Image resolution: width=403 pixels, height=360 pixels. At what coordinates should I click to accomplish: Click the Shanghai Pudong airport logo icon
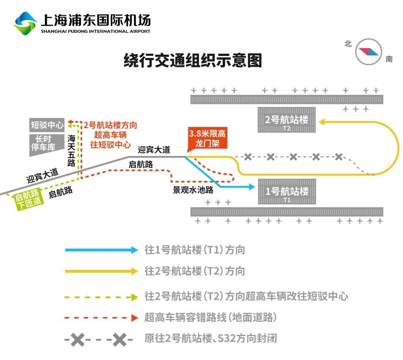click(x=25, y=23)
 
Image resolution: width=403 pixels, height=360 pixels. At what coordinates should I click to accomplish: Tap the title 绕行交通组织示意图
click(x=193, y=60)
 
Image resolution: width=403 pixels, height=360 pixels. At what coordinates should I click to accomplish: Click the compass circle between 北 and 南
click(x=369, y=51)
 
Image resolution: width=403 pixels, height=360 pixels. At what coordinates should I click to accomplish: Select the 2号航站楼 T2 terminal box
click(x=287, y=120)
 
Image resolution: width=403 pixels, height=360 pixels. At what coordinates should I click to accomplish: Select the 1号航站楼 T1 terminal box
click(x=287, y=192)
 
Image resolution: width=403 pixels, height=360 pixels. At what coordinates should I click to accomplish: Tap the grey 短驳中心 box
click(x=47, y=125)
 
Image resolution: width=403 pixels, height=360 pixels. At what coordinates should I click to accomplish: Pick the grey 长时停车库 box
click(x=43, y=143)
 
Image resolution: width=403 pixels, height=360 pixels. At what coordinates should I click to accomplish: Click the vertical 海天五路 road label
click(x=72, y=150)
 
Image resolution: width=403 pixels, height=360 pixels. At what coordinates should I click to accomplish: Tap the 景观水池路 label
click(x=193, y=190)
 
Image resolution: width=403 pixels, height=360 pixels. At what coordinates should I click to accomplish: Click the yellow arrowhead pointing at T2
click(x=322, y=121)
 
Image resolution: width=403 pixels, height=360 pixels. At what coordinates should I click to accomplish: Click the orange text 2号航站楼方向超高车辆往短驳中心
click(x=110, y=135)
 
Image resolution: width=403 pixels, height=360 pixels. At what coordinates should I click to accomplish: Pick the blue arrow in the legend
click(x=101, y=250)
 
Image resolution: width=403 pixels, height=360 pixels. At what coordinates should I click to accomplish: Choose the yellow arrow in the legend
click(x=101, y=271)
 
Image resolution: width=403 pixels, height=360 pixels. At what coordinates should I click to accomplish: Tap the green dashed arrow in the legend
click(x=101, y=297)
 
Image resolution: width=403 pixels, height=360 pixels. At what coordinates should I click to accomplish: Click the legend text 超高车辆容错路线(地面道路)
click(x=210, y=317)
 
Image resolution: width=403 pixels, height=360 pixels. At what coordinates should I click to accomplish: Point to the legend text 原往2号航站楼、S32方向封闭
click(x=210, y=338)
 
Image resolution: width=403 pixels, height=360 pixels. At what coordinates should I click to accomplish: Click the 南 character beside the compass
click(x=389, y=59)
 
